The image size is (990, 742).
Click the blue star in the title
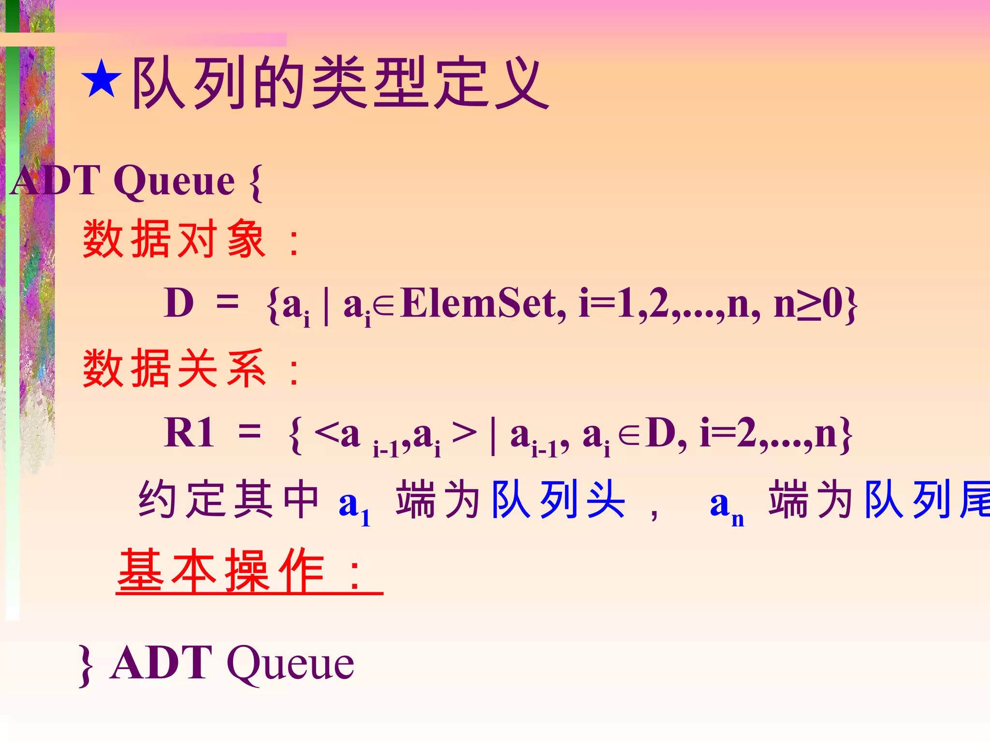[101, 79]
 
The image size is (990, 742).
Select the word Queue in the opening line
[175, 181]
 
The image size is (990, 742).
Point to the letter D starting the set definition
[179, 303]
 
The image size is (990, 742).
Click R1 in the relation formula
[189, 432]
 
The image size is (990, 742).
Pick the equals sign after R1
[250, 431]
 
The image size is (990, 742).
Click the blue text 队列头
[558, 499]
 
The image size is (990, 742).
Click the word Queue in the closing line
[291, 664]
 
